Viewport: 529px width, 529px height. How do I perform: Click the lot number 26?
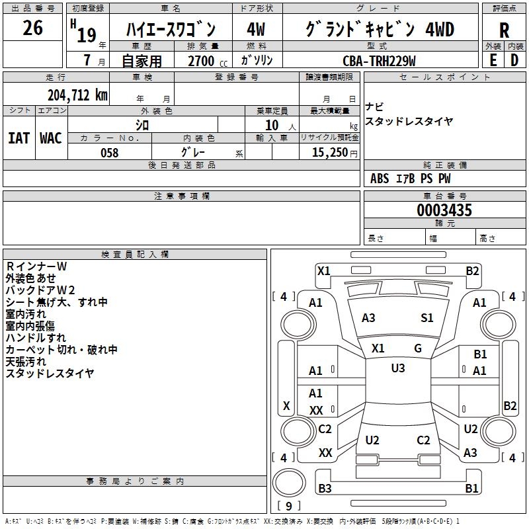click(x=32, y=28)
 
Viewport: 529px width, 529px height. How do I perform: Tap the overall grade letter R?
click(x=504, y=30)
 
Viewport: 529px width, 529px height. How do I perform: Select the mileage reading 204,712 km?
click(x=77, y=95)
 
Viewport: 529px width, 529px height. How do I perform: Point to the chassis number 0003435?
click(x=444, y=211)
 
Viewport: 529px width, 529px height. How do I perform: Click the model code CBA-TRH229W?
click(x=379, y=60)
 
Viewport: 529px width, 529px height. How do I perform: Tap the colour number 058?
click(x=109, y=153)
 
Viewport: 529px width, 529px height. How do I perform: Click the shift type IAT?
click(x=19, y=138)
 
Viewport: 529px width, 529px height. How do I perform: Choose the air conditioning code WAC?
click(x=51, y=138)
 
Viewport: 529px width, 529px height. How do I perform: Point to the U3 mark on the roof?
click(x=397, y=368)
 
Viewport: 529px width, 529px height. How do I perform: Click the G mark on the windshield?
click(x=418, y=348)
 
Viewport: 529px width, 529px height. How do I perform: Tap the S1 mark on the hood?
click(x=427, y=318)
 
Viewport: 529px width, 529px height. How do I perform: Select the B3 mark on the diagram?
click(x=325, y=489)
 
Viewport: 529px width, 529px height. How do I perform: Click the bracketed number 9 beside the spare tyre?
click(x=288, y=506)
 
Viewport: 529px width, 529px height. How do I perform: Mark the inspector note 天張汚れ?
click(x=26, y=362)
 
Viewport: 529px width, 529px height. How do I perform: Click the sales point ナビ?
click(x=374, y=107)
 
